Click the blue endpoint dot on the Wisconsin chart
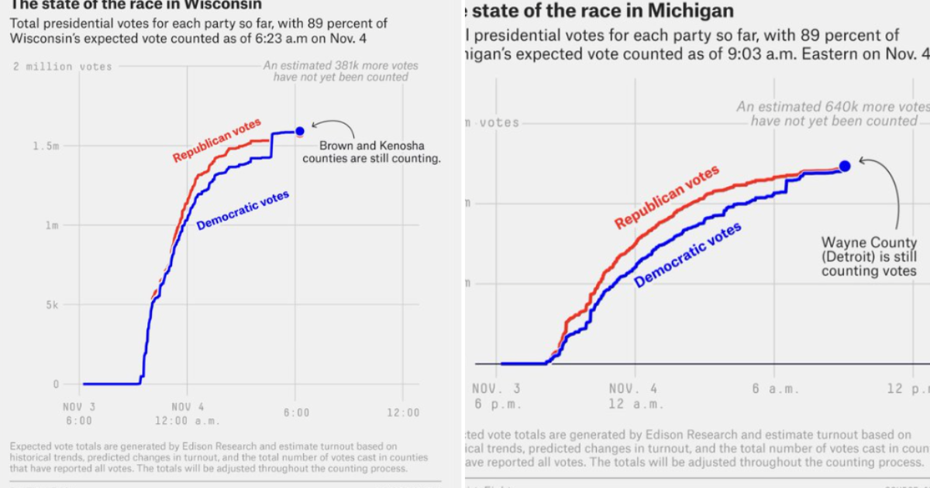coord(300,131)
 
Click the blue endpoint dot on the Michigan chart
coord(845,166)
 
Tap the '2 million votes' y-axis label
coord(63,67)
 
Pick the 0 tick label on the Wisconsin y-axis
coord(56,384)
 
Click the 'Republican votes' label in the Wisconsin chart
coord(217,140)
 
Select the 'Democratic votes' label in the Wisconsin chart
coord(243,210)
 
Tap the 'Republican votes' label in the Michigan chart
coord(667,197)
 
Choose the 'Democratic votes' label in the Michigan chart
coord(687,254)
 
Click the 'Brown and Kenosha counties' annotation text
coord(371,152)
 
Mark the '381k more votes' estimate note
coord(341,71)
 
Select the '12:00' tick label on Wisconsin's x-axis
coord(402,413)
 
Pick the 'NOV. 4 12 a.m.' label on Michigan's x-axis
coord(633,396)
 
